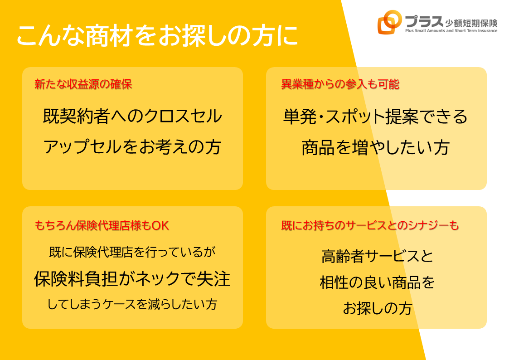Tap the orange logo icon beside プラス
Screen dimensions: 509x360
coord(389,22)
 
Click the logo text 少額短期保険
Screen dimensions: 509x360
coord(471,23)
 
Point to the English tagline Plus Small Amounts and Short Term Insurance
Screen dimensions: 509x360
coord(451,31)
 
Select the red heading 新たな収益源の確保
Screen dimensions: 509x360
coord(83,84)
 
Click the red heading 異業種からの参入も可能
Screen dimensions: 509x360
coord(340,84)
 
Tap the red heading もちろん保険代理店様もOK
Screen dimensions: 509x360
coord(102,225)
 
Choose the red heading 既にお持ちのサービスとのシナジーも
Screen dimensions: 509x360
coord(370,225)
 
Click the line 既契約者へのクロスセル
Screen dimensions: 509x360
coord(132,116)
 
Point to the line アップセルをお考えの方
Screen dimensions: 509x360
coord(132,146)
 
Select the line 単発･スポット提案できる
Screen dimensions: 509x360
coord(376,116)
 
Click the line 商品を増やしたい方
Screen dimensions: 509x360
coord(376,147)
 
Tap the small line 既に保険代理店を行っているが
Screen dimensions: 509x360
coord(132,252)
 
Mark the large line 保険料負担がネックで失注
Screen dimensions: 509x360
coord(132,278)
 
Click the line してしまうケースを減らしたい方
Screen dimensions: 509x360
coord(132,304)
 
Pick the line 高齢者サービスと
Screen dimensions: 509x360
coord(377,256)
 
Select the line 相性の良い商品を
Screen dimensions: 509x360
coord(377,282)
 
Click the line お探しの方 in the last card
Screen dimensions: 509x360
coord(377,308)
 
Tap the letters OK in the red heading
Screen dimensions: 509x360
coord(160,226)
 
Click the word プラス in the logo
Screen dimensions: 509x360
coord(424,21)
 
